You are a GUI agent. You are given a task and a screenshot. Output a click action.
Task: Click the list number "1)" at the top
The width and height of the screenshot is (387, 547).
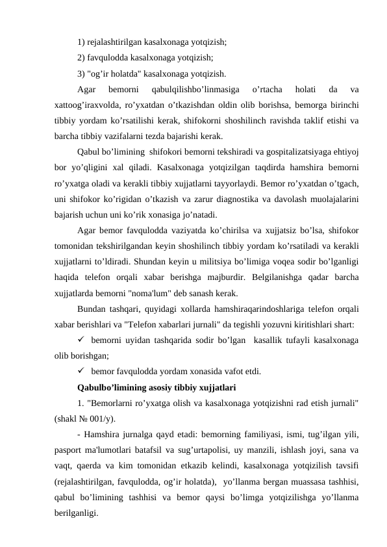tap(81, 42)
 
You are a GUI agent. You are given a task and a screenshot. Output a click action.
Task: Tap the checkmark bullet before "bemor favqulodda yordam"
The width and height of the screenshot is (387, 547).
tap(81, 372)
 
